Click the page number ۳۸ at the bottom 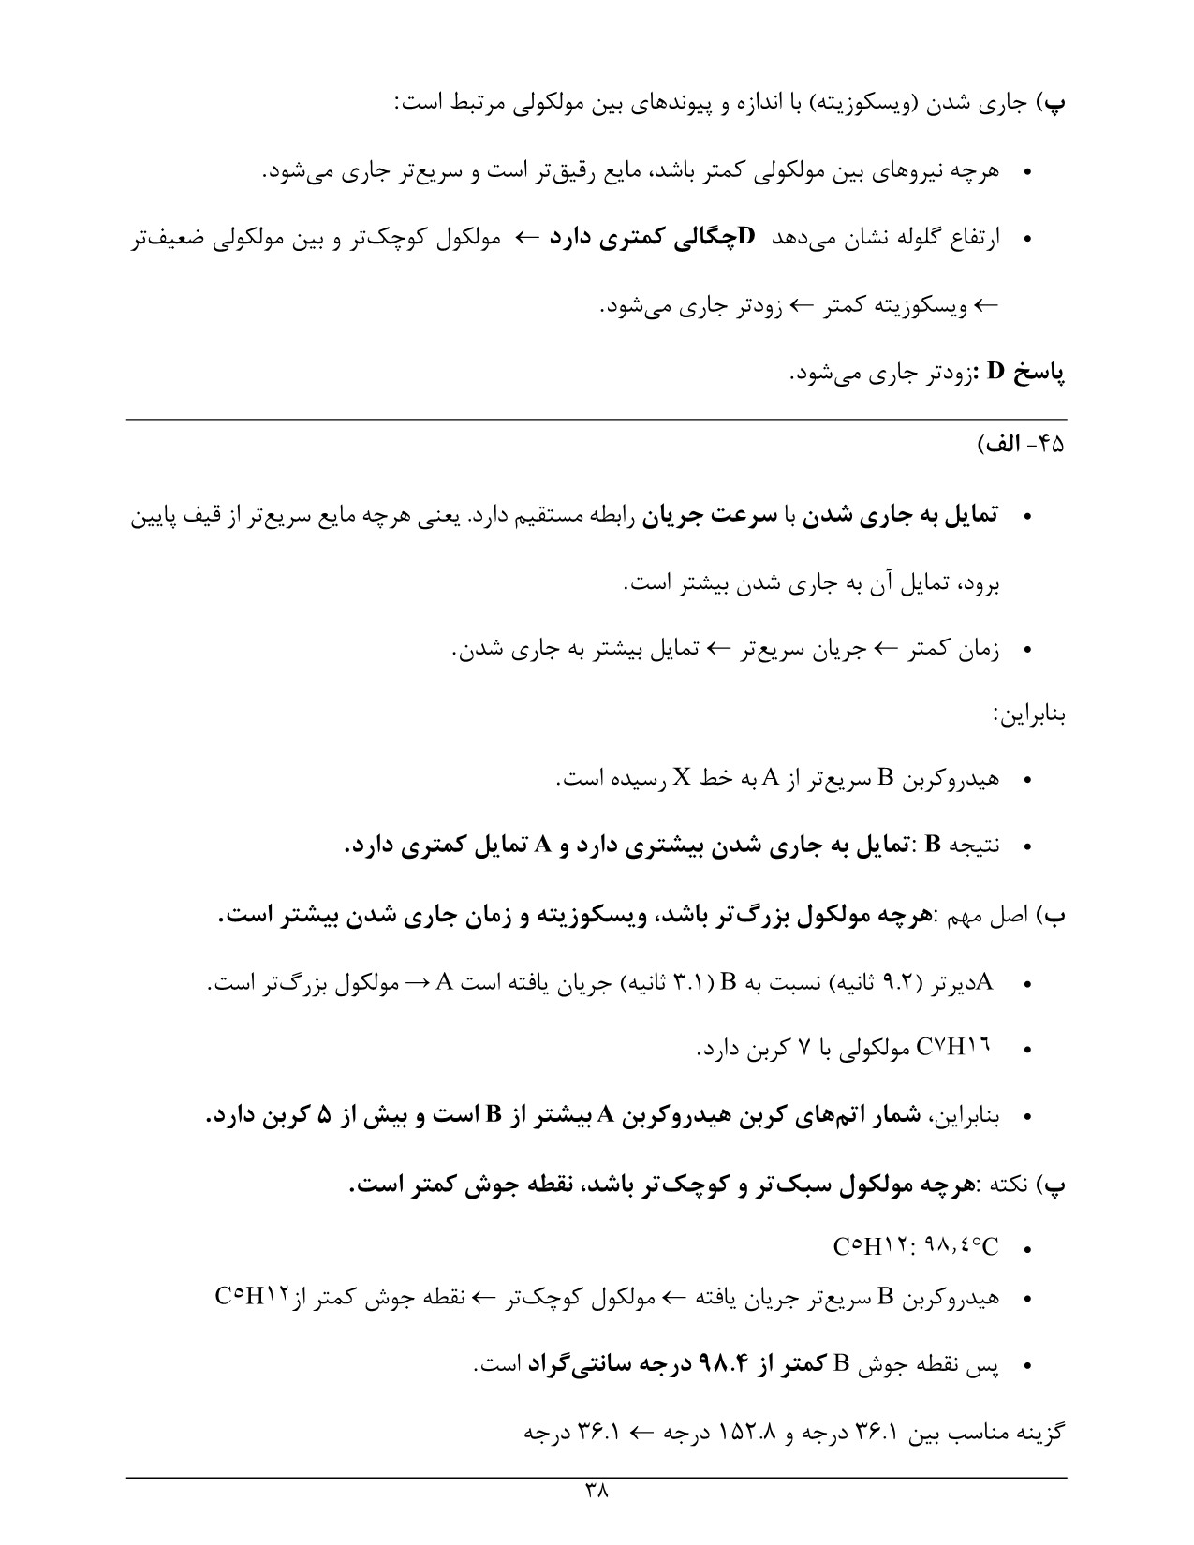(x=597, y=1490)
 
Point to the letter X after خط (x=682, y=778)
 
